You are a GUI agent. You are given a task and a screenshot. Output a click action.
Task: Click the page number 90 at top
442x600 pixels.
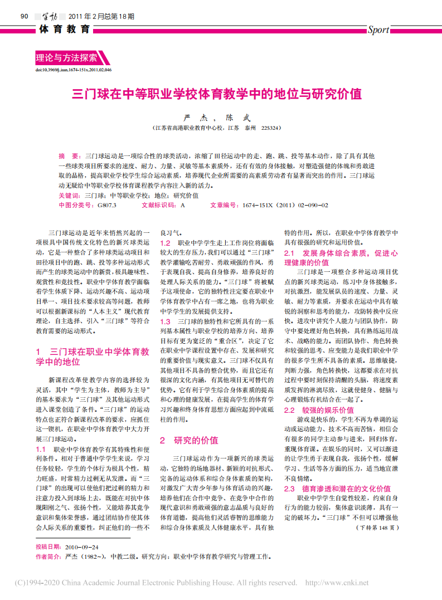point(24,16)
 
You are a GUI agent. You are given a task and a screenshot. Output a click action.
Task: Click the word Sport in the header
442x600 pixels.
point(378,30)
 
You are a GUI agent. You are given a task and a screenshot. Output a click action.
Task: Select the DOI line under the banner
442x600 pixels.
point(73,70)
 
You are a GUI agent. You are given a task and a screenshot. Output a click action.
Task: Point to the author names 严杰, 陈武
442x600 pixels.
point(217,118)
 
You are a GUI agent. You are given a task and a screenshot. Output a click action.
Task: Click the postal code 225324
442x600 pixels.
point(271,128)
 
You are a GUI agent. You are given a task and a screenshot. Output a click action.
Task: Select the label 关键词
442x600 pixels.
point(70,196)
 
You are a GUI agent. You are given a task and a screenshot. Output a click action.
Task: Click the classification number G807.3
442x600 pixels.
point(107,205)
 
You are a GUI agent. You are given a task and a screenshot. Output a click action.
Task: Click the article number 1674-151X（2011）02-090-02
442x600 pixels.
point(285,205)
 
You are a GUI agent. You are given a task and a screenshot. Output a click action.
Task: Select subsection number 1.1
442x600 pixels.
point(41,448)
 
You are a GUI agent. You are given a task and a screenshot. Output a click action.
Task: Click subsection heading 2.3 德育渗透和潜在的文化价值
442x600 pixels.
point(337,489)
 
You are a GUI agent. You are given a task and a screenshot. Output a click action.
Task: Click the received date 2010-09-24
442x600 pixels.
point(81,547)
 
